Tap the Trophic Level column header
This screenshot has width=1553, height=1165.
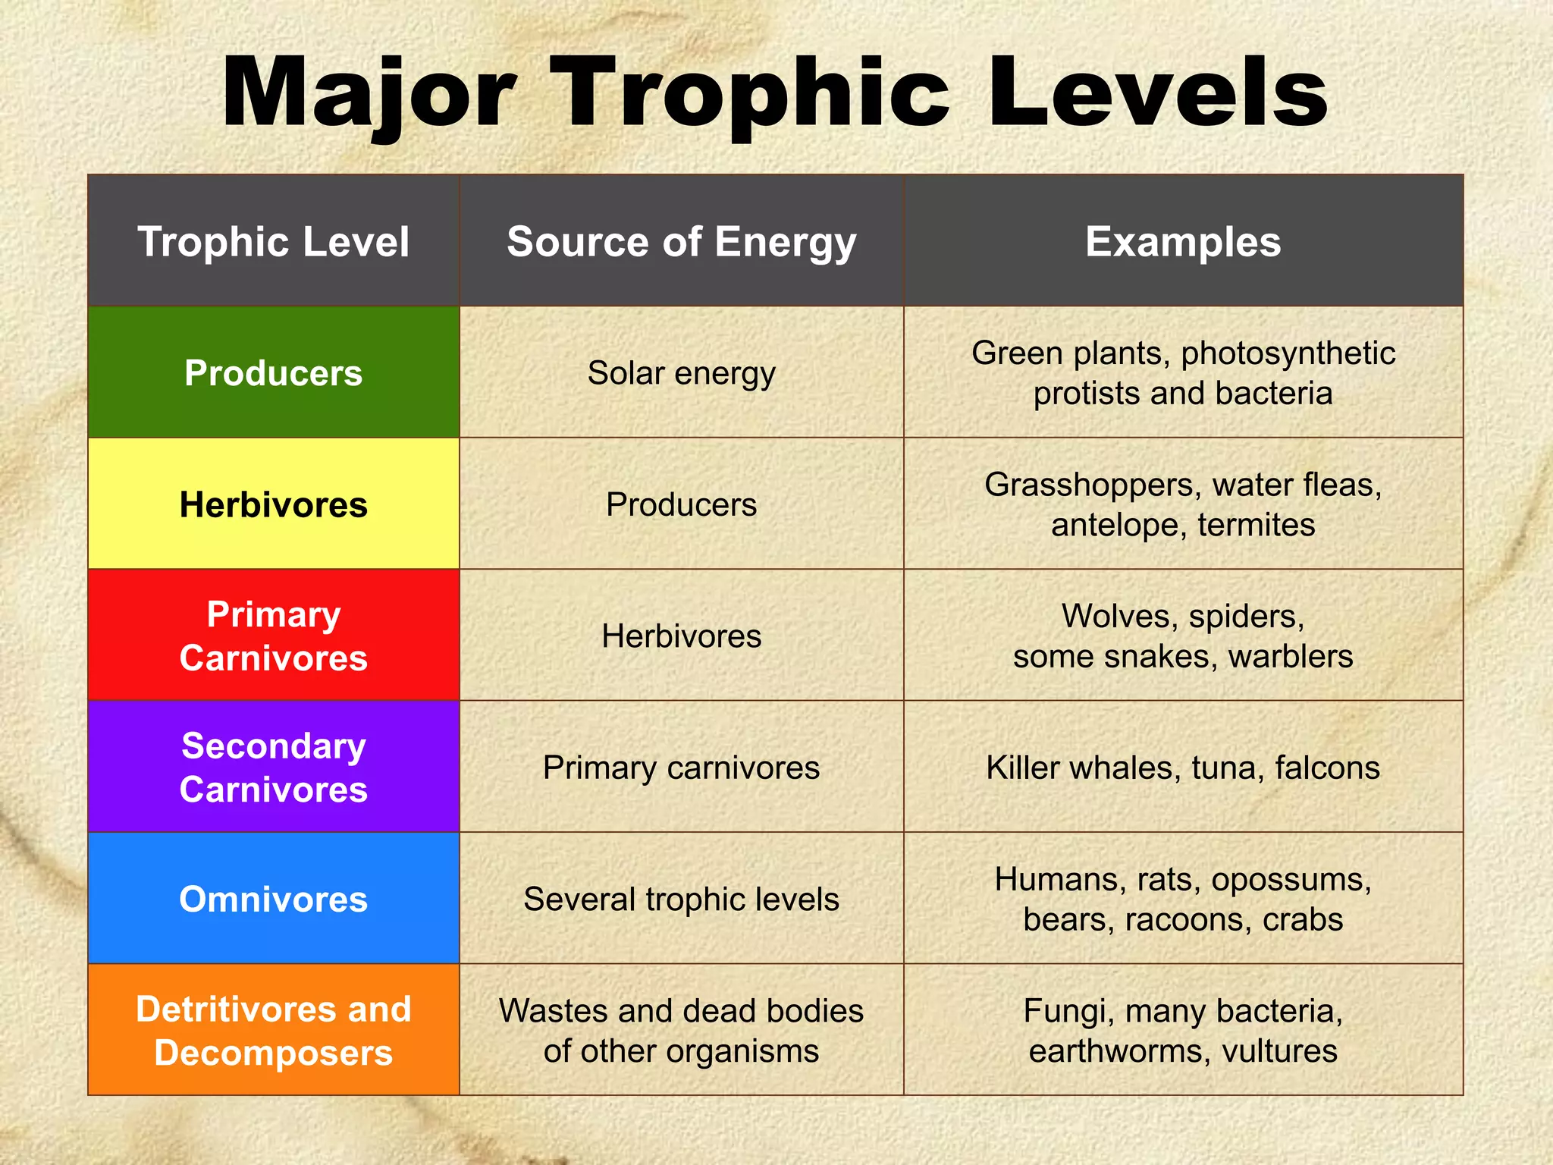tap(273, 241)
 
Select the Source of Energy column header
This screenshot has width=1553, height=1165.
tap(681, 241)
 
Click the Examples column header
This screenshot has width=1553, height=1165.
tap(1183, 241)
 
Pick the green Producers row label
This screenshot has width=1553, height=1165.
tap(273, 372)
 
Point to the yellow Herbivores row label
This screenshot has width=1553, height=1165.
tap(273, 504)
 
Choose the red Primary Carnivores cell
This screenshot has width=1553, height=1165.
tap(273, 636)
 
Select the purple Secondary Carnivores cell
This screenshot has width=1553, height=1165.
tap(273, 767)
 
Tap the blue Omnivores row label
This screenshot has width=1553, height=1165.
tap(273, 899)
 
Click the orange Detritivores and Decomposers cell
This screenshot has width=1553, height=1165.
tap(273, 1030)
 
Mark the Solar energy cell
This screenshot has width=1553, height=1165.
tap(681, 372)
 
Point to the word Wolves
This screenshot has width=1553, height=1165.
tap(1119, 616)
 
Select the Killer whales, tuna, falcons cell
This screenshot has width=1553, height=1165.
tap(1183, 767)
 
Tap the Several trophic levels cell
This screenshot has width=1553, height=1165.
tap(681, 899)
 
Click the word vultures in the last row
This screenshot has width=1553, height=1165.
tap(1280, 1051)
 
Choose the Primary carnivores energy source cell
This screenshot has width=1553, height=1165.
tap(681, 767)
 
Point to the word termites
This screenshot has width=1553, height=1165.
tap(1257, 525)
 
